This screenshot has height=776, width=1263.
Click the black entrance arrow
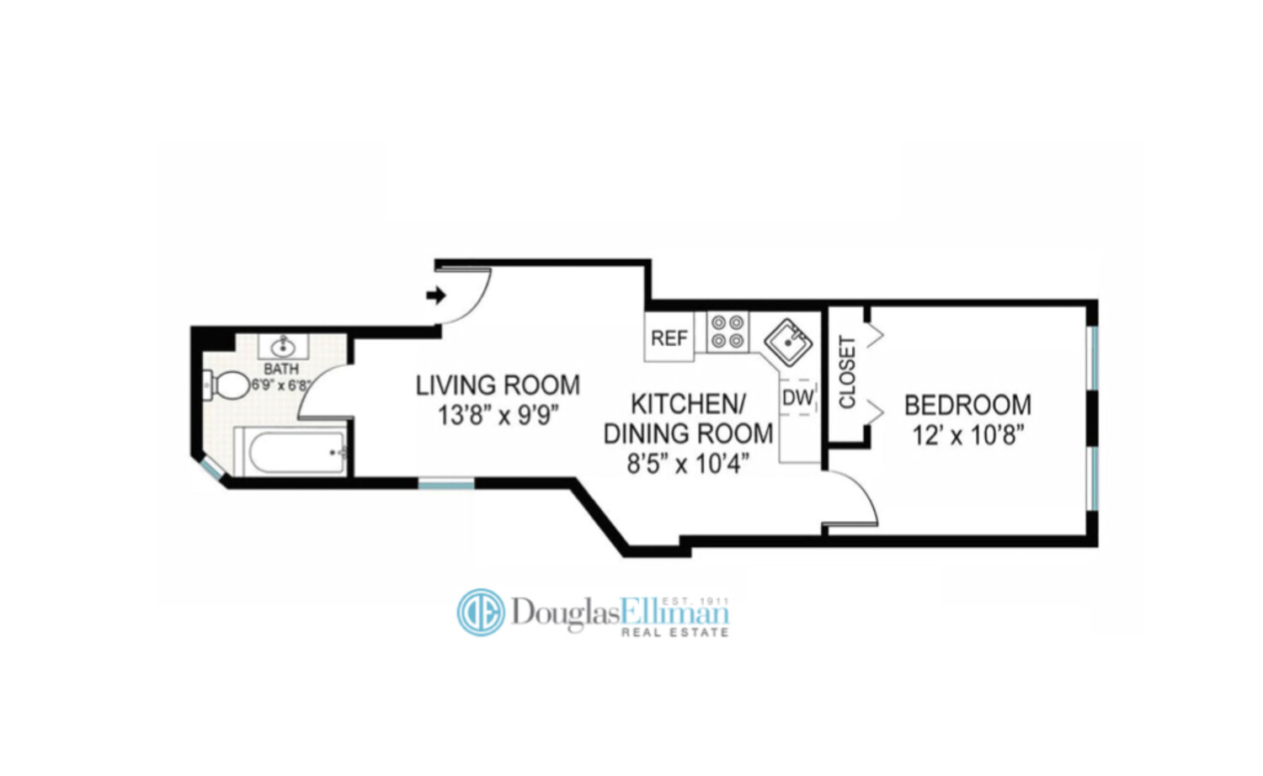pyautogui.click(x=435, y=295)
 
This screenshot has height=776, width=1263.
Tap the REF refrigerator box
pyautogui.click(x=669, y=338)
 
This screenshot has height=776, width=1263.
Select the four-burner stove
pyautogui.click(x=727, y=331)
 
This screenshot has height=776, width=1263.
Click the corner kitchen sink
pyautogui.click(x=788, y=341)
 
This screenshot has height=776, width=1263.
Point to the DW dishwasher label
pyautogui.click(x=798, y=397)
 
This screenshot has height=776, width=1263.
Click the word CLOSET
pyautogui.click(x=847, y=372)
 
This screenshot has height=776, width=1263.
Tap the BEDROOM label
pyautogui.click(x=967, y=405)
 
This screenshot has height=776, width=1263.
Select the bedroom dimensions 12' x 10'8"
pyautogui.click(x=967, y=435)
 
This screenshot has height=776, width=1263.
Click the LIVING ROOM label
pyautogui.click(x=498, y=385)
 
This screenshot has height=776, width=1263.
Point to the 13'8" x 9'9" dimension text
pyautogui.click(x=498, y=415)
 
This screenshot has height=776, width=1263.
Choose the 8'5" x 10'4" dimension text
pyautogui.click(x=688, y=463)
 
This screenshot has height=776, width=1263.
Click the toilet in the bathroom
pyautogui.click(x=222, y=386)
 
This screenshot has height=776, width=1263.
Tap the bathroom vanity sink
pyautogui.click(x=283, y=345)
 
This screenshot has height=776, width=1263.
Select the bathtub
pyautogui.click(x=290, y=451)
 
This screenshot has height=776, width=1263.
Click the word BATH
pyautogui.click(x=280, y=369)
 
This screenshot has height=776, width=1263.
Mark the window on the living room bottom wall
pyautogui.click(x=446, y=483)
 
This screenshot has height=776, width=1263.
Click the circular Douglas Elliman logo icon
pyautogui.click(x=481, y=612)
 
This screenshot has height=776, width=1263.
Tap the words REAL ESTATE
pyautogui.click(x=674, y=632)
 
